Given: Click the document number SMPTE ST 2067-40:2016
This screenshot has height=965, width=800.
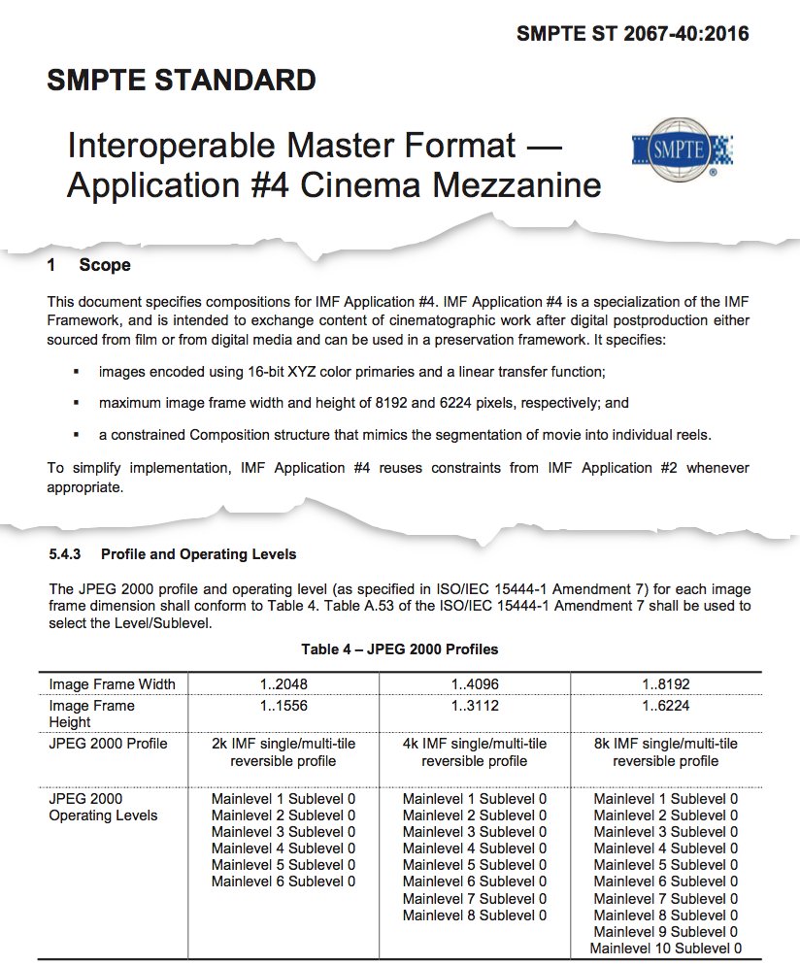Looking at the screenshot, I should pos(633,35).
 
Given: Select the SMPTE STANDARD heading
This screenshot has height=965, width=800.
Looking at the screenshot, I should pos(181,81).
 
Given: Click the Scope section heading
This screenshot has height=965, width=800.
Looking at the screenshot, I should pos(105,265).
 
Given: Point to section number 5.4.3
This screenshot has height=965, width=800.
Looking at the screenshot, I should pos(68,554).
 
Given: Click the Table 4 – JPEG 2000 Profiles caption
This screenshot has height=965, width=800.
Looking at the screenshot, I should pos(400,649).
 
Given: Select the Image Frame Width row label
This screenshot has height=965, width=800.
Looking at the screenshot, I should pos(112,684).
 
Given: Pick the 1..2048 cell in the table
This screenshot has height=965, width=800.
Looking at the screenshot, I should pos(283,684).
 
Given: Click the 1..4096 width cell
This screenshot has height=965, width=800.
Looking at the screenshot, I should pos(474,684).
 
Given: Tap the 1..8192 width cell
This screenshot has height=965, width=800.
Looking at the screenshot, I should pos(665,684).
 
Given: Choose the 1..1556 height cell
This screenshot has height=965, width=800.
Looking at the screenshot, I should pos(283,706).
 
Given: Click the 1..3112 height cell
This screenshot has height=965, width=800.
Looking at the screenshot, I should pos(474,706).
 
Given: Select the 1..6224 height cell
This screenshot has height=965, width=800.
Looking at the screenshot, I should pos(665,706).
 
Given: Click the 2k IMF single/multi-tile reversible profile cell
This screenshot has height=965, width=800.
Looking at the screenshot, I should pos(283,752).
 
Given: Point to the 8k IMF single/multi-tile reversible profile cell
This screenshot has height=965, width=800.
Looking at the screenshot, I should pos(665,752).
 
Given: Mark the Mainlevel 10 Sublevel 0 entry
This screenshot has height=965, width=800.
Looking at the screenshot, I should pos(665,948).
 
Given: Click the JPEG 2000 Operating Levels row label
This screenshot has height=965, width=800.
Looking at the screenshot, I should pos(103,808).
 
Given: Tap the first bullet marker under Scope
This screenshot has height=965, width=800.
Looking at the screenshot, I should pos(76,372).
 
